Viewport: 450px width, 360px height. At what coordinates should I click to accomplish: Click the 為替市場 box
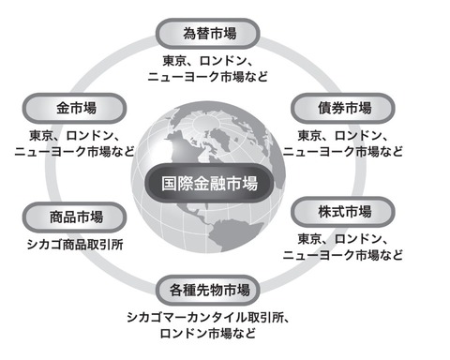click(x=208, y=34)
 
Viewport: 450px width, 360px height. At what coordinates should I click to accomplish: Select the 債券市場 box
click(x=343, y=108)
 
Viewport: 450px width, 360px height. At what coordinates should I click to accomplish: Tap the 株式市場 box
click(x=343, y=212)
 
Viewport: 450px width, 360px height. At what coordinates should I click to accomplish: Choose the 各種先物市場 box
click(x=208, y=291)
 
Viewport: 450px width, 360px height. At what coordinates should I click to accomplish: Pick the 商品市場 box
click(x=74, y=217)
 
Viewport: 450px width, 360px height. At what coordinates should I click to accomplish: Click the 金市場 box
click(x=74, y=108)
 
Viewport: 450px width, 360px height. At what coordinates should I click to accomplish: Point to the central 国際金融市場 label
click(x=209, y=184)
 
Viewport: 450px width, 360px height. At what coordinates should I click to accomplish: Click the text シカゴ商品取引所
click(x=75, y=245)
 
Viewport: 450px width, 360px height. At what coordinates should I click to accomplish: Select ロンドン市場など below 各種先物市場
click(x=208, y=334)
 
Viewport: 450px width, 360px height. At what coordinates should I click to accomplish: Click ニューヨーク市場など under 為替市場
click(x=208, y=77)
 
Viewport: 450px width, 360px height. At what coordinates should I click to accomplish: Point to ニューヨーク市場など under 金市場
click(x=74, y=152)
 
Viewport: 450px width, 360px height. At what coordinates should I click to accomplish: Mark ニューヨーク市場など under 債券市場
click(x=343, y=152)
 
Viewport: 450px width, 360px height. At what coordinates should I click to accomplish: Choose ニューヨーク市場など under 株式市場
click(x=343, y=255)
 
